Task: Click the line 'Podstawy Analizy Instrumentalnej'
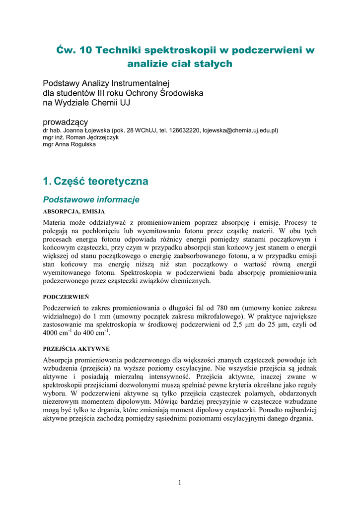tap(106, 82)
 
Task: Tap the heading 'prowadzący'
tap(66, 122)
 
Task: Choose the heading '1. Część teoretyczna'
tap(95, 182)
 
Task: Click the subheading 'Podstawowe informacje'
tap(91, 200)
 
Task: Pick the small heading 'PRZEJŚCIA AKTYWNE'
tap(76, 349)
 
